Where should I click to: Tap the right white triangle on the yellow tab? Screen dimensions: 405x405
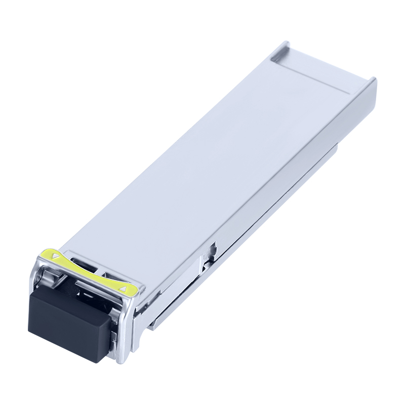121,288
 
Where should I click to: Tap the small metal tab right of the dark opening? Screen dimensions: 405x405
109,276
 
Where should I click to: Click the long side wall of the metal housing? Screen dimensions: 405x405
253,213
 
